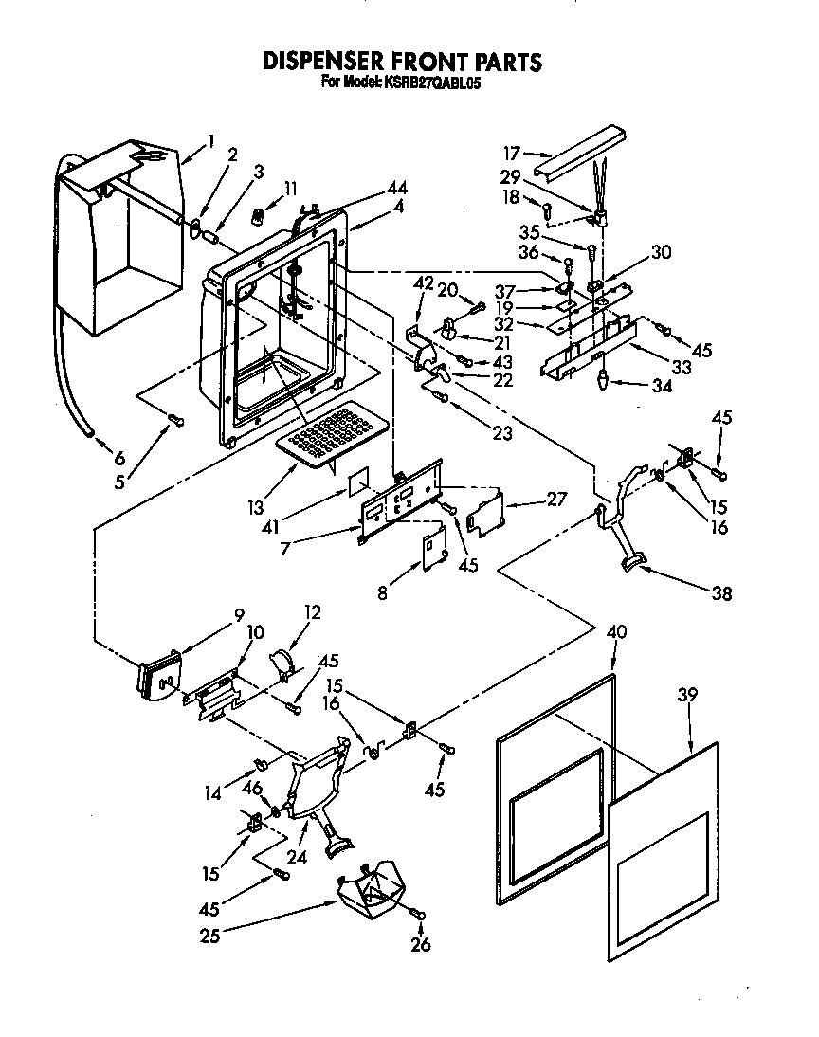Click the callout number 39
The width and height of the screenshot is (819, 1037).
coord(686,695)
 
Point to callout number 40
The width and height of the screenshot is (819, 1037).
coord(616,632)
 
